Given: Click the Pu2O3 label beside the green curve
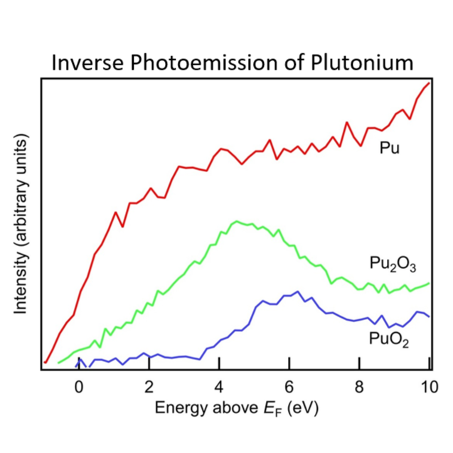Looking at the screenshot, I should [x=392, y=264].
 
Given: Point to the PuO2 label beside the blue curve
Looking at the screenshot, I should [x=389, y=339].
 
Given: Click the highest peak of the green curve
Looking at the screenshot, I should [x=235, y=221].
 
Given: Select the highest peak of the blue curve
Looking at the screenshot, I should [x=297, y=292].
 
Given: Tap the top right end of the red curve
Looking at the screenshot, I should [x=429, y=83].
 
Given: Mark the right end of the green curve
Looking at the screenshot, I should [x=430, y=283].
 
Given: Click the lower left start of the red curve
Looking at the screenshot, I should [x=45, y=363].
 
